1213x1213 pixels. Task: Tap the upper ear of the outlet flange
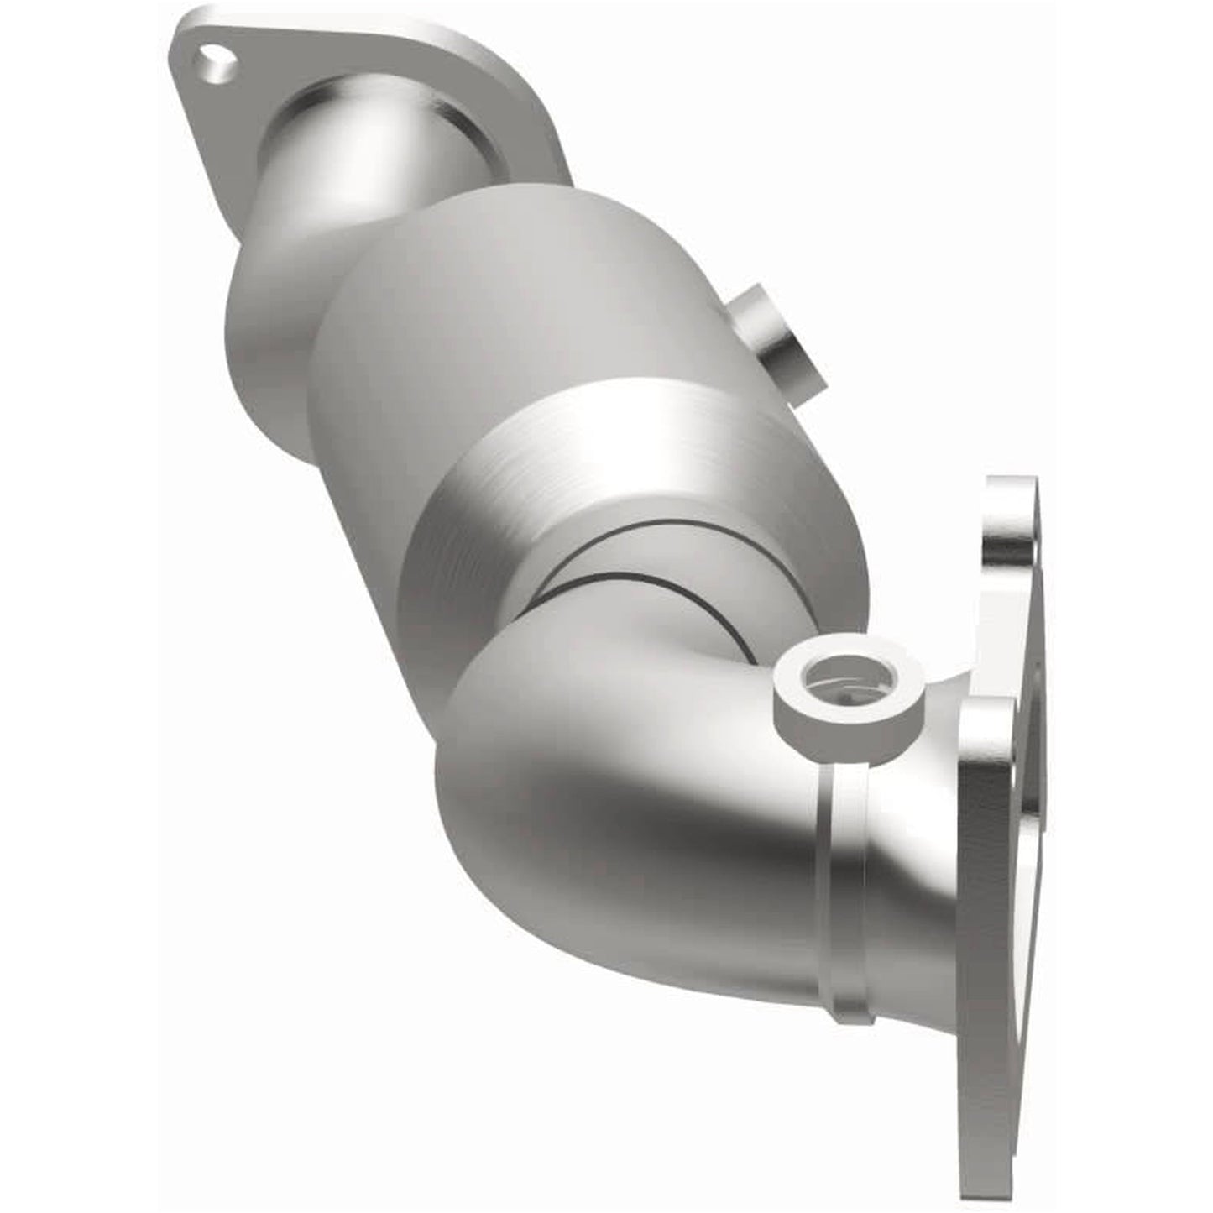1012,520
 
